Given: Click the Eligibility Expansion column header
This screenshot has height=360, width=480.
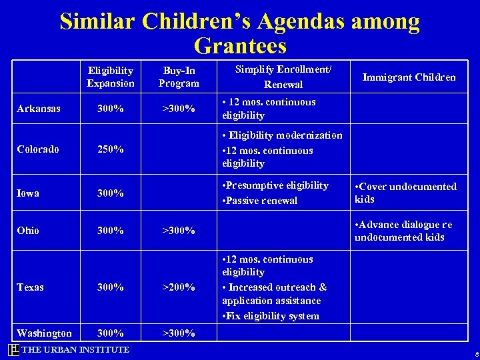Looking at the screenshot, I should click(x=110, y=77).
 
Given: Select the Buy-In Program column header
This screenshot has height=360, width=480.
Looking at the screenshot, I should click(x=179, y=77).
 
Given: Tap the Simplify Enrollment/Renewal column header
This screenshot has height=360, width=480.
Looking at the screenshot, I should click(x=283, y=77).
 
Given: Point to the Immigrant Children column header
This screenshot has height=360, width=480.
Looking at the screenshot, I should click(x=409, y=77).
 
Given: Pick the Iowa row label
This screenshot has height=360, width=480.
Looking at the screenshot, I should click(x=28, y=193).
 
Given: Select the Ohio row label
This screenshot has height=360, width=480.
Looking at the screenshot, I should click(x=28, y=231).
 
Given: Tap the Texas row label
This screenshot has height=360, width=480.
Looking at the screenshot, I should click(x=31, y=287).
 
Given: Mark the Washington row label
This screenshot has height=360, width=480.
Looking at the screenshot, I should click(x=44, y=333).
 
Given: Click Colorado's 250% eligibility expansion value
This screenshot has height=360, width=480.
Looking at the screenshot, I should click(x=110, y=149).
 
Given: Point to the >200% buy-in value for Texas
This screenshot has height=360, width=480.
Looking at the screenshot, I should click(x=179, y=287).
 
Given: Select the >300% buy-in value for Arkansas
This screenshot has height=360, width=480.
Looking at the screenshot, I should click(x=179, y=109).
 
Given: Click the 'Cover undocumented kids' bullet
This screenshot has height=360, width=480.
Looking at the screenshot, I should click(x=405, y=193).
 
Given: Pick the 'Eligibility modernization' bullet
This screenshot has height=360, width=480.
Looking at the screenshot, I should click(x=282, y=135).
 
